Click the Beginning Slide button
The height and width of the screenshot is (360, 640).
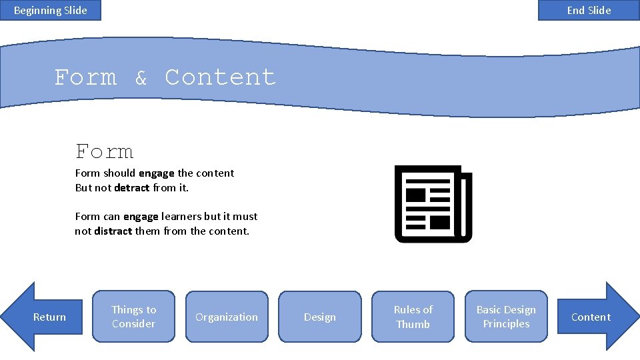pos(51,10)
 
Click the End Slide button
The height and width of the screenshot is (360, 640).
pos(589,10)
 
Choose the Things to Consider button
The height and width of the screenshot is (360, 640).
pos(133,317)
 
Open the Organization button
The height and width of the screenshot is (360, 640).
pos(227,317)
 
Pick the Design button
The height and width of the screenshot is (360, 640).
pos(320,317)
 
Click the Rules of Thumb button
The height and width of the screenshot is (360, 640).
pos(413,317)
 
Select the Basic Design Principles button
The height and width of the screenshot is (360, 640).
pos(506,317)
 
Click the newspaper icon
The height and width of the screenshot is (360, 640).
pos(433,204)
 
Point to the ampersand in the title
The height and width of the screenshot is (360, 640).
pos(141,79)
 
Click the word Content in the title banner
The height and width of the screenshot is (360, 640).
pos(220,77)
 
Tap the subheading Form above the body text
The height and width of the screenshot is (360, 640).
pos(105,152)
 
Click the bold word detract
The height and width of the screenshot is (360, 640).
pos(132,188)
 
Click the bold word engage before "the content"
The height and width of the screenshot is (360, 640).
pos(157,173)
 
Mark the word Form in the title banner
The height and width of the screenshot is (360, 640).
pos(85,77)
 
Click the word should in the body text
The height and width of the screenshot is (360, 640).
pos(119,173)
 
